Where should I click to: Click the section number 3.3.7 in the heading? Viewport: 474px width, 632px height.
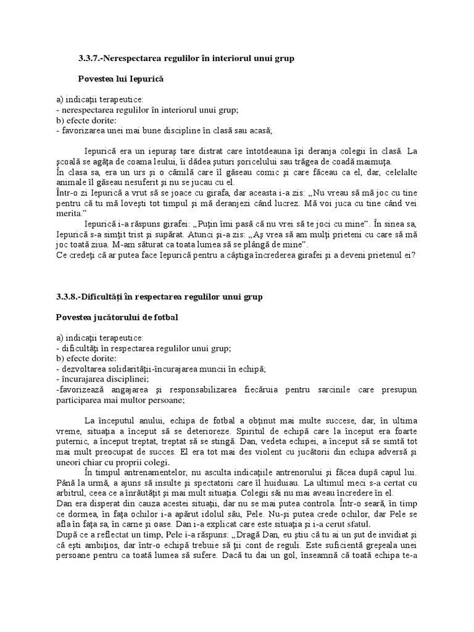(x=89, y=59)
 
